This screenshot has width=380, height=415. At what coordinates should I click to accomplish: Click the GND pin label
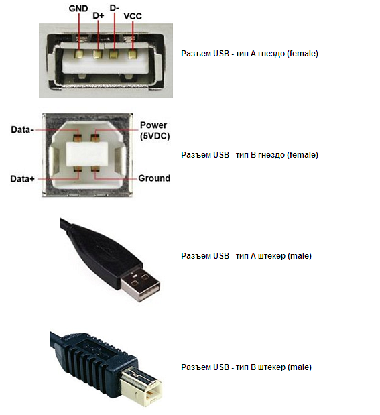78,9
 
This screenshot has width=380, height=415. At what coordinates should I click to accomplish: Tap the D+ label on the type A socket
99,16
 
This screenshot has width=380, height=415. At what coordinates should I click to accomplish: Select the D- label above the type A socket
115,8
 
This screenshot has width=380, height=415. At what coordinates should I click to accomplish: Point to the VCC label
133,16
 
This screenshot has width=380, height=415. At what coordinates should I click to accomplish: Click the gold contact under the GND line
79,54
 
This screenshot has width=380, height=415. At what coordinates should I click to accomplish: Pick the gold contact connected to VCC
132,54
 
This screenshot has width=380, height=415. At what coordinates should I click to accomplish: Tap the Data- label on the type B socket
22,129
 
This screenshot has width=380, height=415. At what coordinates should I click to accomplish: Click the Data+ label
23,179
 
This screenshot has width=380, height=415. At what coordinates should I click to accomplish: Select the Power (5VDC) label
155,131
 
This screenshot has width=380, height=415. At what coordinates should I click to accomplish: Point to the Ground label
154,178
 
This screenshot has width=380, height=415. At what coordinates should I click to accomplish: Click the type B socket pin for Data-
78,138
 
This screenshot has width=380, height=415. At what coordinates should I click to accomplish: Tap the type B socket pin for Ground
94,169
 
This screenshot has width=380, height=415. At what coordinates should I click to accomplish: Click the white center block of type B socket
87,154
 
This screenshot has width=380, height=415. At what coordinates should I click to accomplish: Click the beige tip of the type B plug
141,387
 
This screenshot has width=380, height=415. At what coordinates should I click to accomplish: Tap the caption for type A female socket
249,54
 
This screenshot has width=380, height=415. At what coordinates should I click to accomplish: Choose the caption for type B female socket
249,155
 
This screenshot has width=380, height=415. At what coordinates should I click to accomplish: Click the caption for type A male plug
246,256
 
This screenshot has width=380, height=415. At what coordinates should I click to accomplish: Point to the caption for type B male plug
246,367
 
